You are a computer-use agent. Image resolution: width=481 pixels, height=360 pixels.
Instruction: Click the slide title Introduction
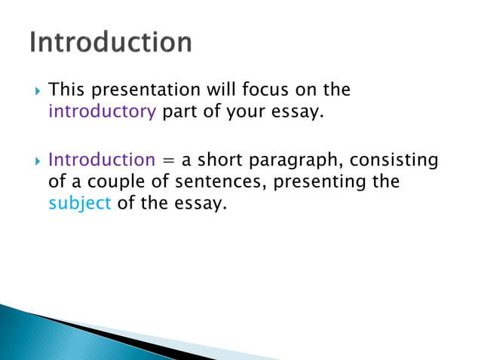111,42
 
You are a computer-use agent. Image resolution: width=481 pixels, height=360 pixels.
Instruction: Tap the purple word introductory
102,112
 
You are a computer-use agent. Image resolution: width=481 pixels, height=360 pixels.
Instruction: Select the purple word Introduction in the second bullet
101,160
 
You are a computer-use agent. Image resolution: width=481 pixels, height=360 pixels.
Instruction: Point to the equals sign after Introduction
167,160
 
